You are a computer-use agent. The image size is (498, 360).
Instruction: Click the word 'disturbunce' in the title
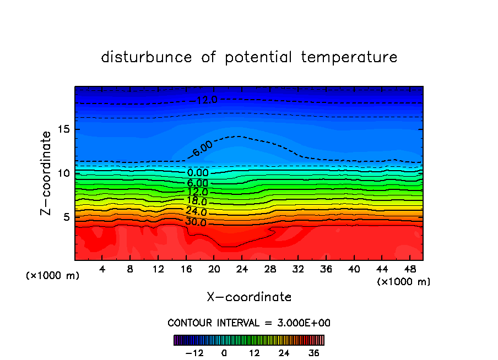click(x=147, y=57)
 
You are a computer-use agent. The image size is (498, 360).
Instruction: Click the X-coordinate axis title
click(x=249, y=297)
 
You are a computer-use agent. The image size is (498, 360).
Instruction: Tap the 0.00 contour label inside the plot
click(x=198, y=173)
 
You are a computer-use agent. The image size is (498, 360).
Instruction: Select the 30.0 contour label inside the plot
click(x=196, y=222)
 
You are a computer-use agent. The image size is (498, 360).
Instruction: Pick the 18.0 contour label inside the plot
click(x=197, y=201)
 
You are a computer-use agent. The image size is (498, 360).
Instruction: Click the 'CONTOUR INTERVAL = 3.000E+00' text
click(x=249, y=323)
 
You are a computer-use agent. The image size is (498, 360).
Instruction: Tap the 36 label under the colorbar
click(x=314, y=353)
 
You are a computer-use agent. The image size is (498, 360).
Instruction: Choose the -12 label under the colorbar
click(x=194, y=353)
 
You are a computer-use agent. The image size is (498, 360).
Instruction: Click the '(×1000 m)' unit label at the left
click(x=53, y=276)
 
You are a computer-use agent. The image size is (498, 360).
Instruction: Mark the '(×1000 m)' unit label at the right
click(x=404, y=282)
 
